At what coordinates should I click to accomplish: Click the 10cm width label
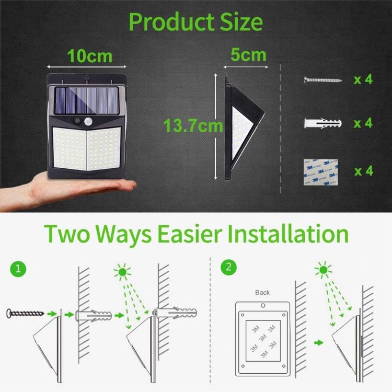coord(89,56)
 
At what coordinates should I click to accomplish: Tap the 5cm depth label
coord(248,54)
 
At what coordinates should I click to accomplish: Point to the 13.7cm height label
coord(193,126)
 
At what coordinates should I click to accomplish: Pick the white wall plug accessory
coord(322,123)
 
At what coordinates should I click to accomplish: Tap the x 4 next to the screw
coord(363,79)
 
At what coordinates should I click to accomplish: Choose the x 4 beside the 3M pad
coord(363,170)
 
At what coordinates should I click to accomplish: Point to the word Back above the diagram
coord(262,292)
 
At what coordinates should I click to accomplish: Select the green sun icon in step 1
coord(123,273)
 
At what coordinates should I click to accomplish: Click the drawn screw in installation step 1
coord(24,313)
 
